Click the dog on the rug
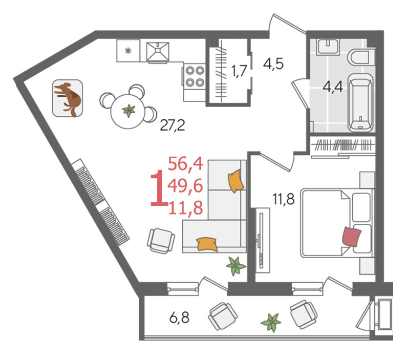68,99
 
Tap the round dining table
128,111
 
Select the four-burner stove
195,76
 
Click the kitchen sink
158,51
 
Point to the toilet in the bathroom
358,57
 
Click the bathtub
360,102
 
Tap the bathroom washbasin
328,47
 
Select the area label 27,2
173,125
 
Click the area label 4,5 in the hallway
273,63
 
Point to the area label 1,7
239,71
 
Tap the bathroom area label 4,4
333,87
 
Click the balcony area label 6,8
179,317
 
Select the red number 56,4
185,164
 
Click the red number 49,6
185,186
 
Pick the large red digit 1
159,188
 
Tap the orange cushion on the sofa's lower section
207,244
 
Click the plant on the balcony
271,323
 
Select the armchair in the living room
161,241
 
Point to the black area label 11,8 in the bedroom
283,199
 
